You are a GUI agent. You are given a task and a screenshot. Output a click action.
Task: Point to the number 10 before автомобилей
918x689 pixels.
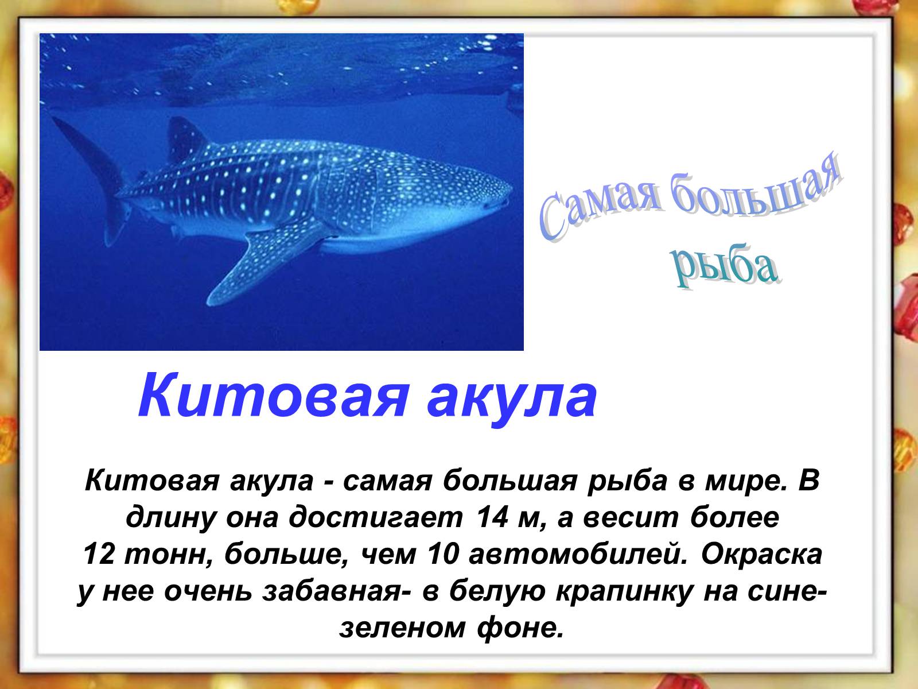(x=444, y=554)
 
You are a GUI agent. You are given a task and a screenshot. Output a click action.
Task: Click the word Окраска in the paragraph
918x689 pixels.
(x=761, y=554)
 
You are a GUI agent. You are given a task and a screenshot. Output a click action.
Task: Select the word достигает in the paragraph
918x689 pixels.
(x=376, y=517)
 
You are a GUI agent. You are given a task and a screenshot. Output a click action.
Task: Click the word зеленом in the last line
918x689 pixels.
(x=402, y=628)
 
